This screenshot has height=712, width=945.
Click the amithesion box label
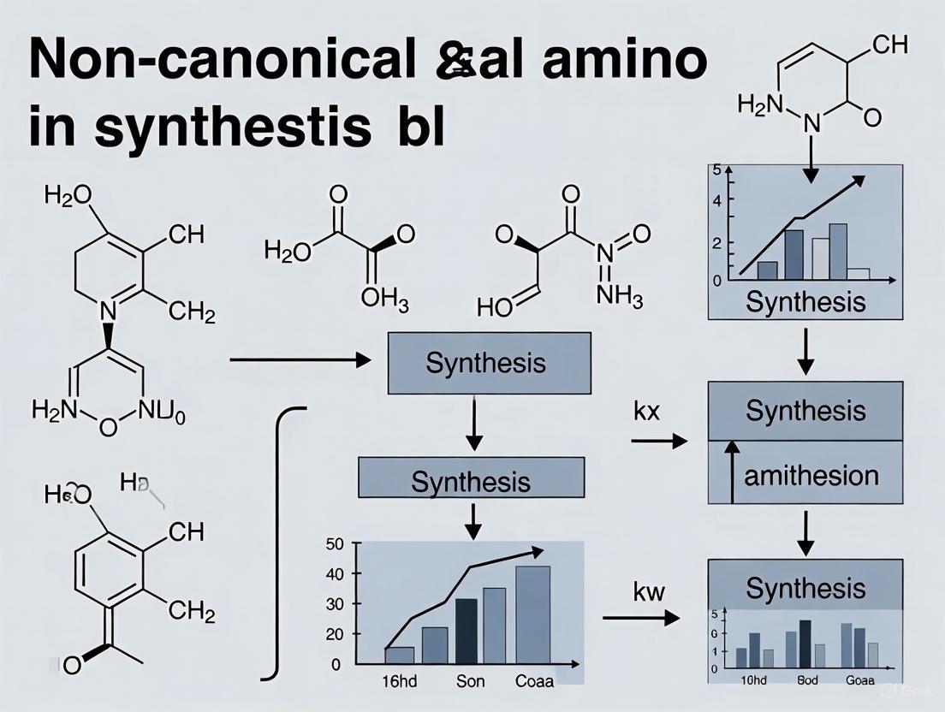pyautogui.click(x=811, y=475)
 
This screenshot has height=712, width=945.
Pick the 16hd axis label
pyautogui.click(x=395, y=682)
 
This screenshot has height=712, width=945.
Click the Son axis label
pyautogui.click(x=469, y=682)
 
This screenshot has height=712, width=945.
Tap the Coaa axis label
pyautogui.click(x=534, y=682)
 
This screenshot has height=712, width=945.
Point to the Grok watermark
pyautogui.click(x=911, y=690)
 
